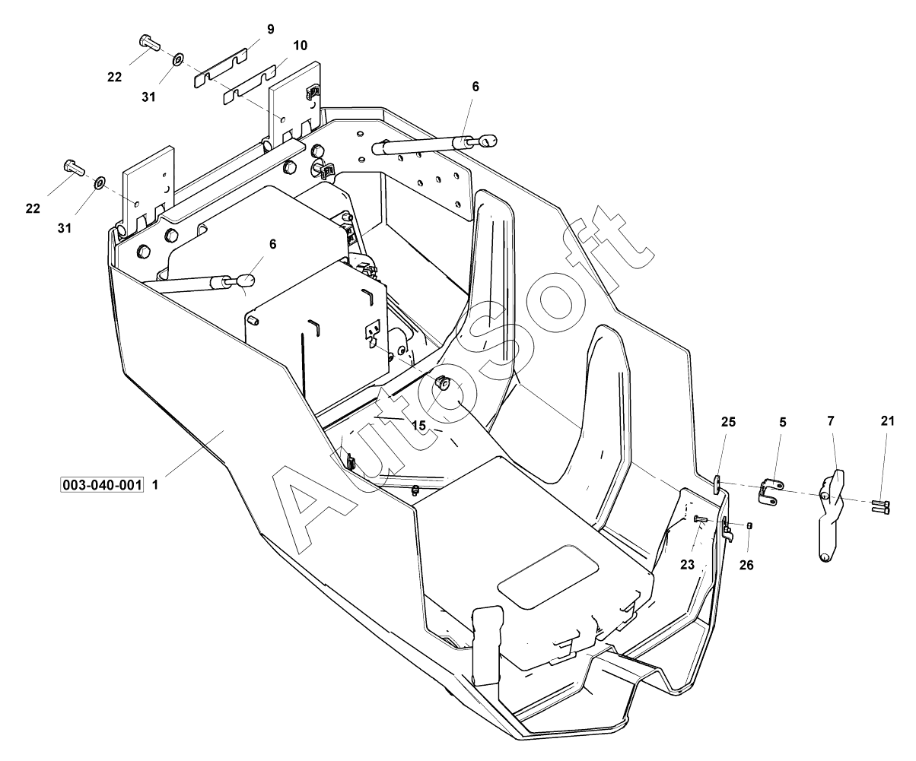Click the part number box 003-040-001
pyautogui.click(x=102, y=485)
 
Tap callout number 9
pyautogui.click(x=271, y=30)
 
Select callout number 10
pyautogui.click(x=300, y=46)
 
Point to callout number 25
pyautogui.click(x=728, y=422)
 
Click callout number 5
pyautogui.click(x=783, y=422)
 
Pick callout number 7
pyautogui.click(x=831, y=421)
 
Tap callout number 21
pyautogui.click(x=888, y=421)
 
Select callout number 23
pyautogui.click(x=688, y=565)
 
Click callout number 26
pyautogui.click(x=746, y=565)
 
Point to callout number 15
pyautogui.click(x=419, y=425)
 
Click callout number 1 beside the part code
pyautogui.click(x=155, y=485)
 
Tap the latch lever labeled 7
pyautogui.click(x=831, y=515)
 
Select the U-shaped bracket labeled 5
pyautogui.click(x=769, y=492)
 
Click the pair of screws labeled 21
pyautogui.click(x=880, y=507)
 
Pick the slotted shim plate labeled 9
pyautogui.click(x=220, y=68)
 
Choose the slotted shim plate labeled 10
pyautogui.click(x=250, y=84)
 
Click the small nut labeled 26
pyautogui.click(x=749, y=525)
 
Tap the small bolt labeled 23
pyautogui.click(x=701, y=519)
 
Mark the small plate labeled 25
pyautogui.click(x=717, y=484)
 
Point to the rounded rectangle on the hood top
pyautogui.click(x=549, y=576)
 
